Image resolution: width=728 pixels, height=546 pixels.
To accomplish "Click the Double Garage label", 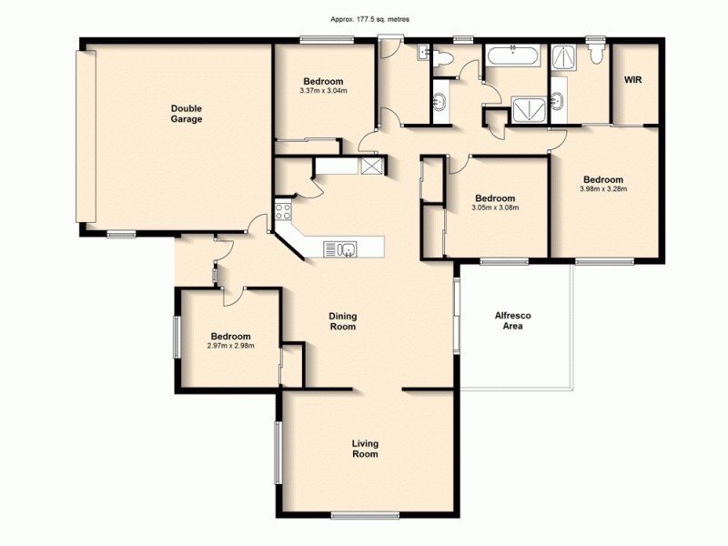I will tap(186, 114).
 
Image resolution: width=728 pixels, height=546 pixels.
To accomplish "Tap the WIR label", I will tap(633, 80).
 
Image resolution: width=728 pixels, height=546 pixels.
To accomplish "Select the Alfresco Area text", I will tap(512, 320).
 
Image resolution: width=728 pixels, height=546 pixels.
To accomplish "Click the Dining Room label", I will tap(342, 321).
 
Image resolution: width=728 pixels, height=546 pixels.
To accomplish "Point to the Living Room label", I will tap(365, 449).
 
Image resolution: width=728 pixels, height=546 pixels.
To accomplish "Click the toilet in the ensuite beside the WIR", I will tap(596, 55).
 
